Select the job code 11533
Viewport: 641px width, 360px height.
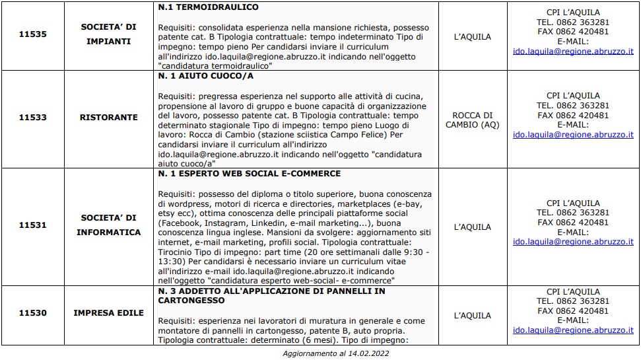click(x=32, y=118)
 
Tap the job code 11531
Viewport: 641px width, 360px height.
click(x=32, y=225)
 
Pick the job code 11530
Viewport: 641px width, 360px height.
click(x=32, y=312)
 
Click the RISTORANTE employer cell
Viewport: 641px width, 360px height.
click(x=108, y=118)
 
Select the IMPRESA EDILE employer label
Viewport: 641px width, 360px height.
click(x=108, y=312)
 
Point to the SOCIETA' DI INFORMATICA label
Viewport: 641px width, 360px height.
click(x=108, y=225)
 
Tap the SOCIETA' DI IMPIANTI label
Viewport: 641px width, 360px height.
click(x=108, y=34)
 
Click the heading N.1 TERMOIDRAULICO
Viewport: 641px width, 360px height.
click(x=208, y=7)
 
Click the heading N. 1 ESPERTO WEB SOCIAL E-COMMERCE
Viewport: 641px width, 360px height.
click(x=250, y=174)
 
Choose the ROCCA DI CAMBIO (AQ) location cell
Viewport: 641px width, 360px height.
click(x=473, y=120)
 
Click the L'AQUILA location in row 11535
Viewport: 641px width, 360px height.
click(x=473, y=37)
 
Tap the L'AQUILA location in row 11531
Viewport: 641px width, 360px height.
click(x=473, y=227)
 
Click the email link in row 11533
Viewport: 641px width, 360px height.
click(x=573, y=134)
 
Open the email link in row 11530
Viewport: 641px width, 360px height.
click(x=573, y=330)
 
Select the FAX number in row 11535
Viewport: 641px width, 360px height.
click(x=573, y=31)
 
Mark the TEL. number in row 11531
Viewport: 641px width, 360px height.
click(x=573, y=213)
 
